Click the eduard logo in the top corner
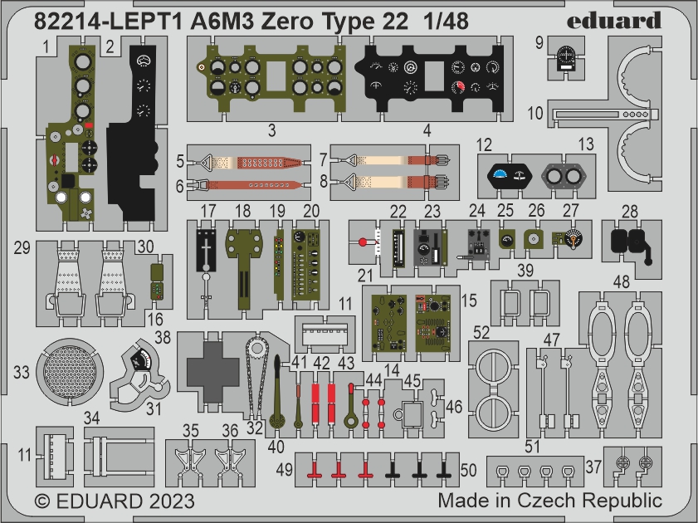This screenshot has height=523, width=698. point(614,21)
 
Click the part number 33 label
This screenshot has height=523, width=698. point(21,372)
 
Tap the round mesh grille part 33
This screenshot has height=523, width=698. point(70,372)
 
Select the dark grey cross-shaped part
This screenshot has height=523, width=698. point(212,371)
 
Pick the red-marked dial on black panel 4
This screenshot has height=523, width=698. point(458,87)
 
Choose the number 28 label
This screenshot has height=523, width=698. point(629,212)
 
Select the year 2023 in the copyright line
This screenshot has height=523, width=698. point(172,501)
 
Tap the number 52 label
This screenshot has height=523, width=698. point(481,333)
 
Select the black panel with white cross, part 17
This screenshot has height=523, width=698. point(206,250)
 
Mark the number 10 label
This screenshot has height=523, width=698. point(535,113)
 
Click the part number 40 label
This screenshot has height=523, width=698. point(276,447)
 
